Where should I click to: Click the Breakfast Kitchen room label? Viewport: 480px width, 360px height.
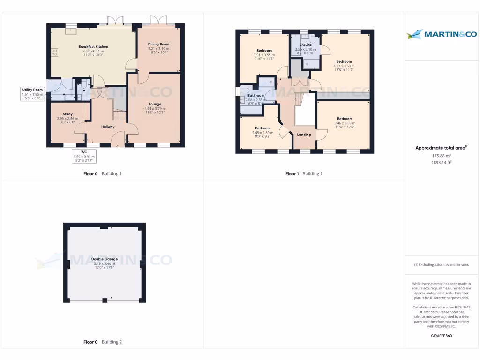tap(93, 47)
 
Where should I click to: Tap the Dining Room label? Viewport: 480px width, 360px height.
tap(158, 44)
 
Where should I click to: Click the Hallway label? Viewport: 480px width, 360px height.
tap(108, 127)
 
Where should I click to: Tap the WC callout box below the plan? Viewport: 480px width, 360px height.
tap(84, 157)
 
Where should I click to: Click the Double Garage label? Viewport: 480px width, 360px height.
tap(104, 259)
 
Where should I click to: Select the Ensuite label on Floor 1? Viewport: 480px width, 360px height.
tap(306, 45)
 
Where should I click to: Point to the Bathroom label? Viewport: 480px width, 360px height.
tap(256, 95)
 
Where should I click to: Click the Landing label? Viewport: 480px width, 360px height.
tap(304, 135)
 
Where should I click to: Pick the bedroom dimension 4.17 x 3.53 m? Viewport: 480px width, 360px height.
tap(344, 66)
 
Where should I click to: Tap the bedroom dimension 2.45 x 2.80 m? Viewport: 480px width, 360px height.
tap(262, 132)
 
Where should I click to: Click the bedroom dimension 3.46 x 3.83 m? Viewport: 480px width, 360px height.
tap(344, 123)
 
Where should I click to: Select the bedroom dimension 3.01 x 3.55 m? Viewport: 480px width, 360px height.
tap(264, 55)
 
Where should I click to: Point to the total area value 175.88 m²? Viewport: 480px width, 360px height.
tap(441, 156)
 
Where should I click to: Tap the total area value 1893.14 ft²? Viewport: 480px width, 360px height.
tap(441, 162)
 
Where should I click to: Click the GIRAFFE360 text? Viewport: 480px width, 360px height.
tap(441, 336)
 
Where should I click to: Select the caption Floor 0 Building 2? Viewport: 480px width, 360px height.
tap(102, 342)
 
